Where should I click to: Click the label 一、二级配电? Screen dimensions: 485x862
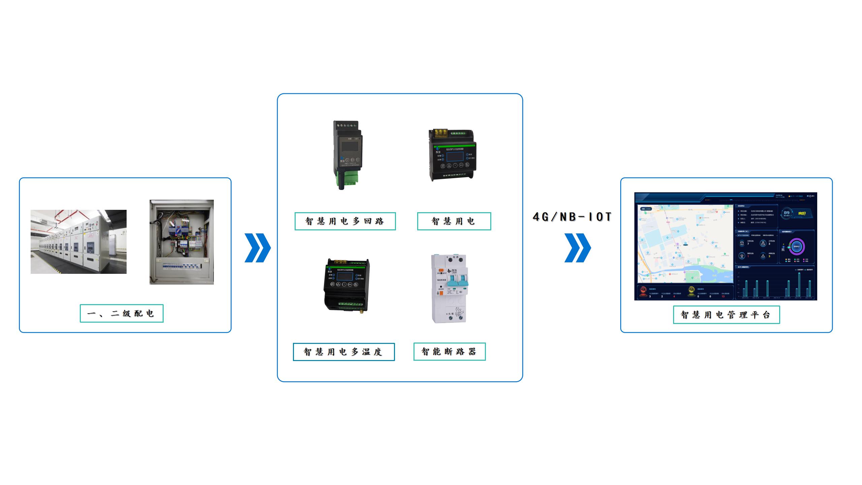[122, 314]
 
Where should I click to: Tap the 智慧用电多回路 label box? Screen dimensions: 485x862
[345, 221]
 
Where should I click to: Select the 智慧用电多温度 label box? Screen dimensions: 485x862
[343, 352]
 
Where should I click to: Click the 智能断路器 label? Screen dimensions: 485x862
[450, 352]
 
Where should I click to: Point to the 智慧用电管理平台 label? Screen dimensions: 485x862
[726, 315]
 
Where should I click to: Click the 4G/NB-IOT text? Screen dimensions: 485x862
[572, 217]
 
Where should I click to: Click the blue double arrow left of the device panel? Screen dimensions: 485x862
[258, 248]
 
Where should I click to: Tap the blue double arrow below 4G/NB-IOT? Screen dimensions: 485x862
[577, 248]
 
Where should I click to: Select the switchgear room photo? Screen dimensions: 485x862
[78, 241]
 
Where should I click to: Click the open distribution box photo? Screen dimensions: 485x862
[181, 242]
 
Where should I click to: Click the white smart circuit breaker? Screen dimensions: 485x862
[449, 289]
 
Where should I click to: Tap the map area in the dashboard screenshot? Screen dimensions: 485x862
[685, 243]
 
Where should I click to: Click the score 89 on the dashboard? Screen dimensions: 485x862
[787, 213]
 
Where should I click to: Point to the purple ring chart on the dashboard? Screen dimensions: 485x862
[797, 247]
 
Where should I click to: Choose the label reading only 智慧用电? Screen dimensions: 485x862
[454, 221]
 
